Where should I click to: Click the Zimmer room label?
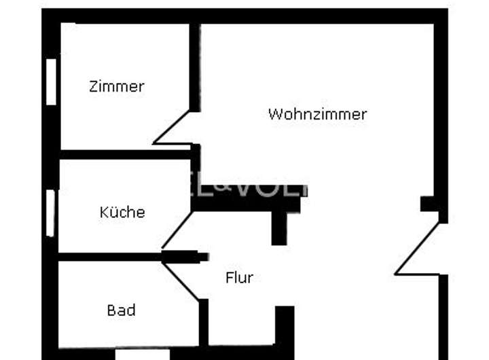pos(117,87)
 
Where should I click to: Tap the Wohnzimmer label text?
pos(317,114)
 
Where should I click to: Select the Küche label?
pos(122,212)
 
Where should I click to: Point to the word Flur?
pos(239,278)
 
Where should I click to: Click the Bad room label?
pos(121,310)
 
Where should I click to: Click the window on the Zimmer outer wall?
pos(51,82)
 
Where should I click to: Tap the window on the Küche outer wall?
pos(50,213)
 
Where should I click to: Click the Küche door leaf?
pos(177,230)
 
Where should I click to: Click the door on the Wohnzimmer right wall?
pos(418,249)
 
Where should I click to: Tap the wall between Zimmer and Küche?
pos(126,154)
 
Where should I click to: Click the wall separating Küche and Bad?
pos(109,257)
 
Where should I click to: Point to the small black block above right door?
pos(429,204)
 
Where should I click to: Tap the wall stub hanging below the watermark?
pos(279,228)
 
